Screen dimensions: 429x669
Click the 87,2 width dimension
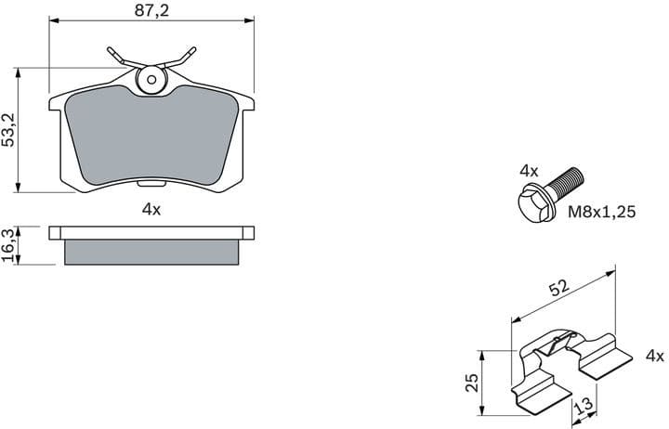click(x=151, y=10)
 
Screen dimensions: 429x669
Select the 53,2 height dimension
click(x=8, y=130)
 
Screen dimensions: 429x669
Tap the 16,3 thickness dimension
click(x=8, y=245)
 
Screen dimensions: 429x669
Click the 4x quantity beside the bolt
click(x=529, y=171)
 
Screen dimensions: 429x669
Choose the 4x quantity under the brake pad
click(x=151, y=209)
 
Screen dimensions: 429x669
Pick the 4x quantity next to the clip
click(x=654, y=356)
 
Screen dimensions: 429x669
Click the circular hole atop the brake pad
click(x=149, y=80)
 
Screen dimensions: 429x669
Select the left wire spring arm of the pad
click(x=118, y=55)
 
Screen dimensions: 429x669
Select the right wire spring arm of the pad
click(x=182, y=55)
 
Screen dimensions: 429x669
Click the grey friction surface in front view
click(x=151, y=135)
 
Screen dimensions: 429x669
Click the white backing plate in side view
click(x=151, y=232)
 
